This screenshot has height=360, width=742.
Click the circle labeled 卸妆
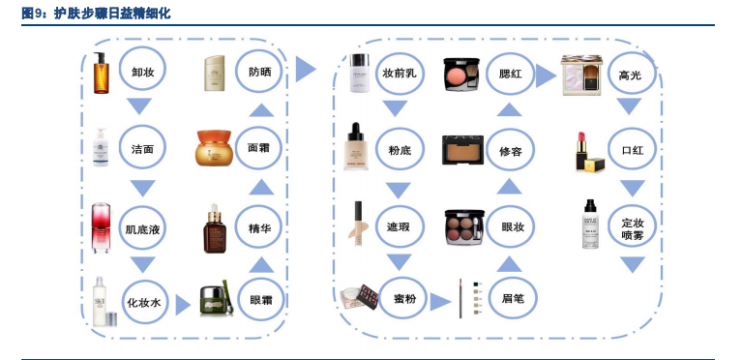[143, 72]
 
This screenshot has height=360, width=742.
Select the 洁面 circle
[143, 149]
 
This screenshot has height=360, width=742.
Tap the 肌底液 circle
[143, 229]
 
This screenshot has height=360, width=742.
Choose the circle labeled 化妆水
[143, 302]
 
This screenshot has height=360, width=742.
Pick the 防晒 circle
[260, 72]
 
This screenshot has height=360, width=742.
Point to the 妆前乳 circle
[399, 73]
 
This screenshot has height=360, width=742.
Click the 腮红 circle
[510, 73]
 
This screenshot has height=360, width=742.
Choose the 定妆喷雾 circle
[632, 228]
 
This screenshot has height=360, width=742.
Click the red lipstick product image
[585, 151]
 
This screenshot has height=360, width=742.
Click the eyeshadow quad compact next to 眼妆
[461, 226]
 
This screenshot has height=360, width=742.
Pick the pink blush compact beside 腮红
[461, 74]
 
